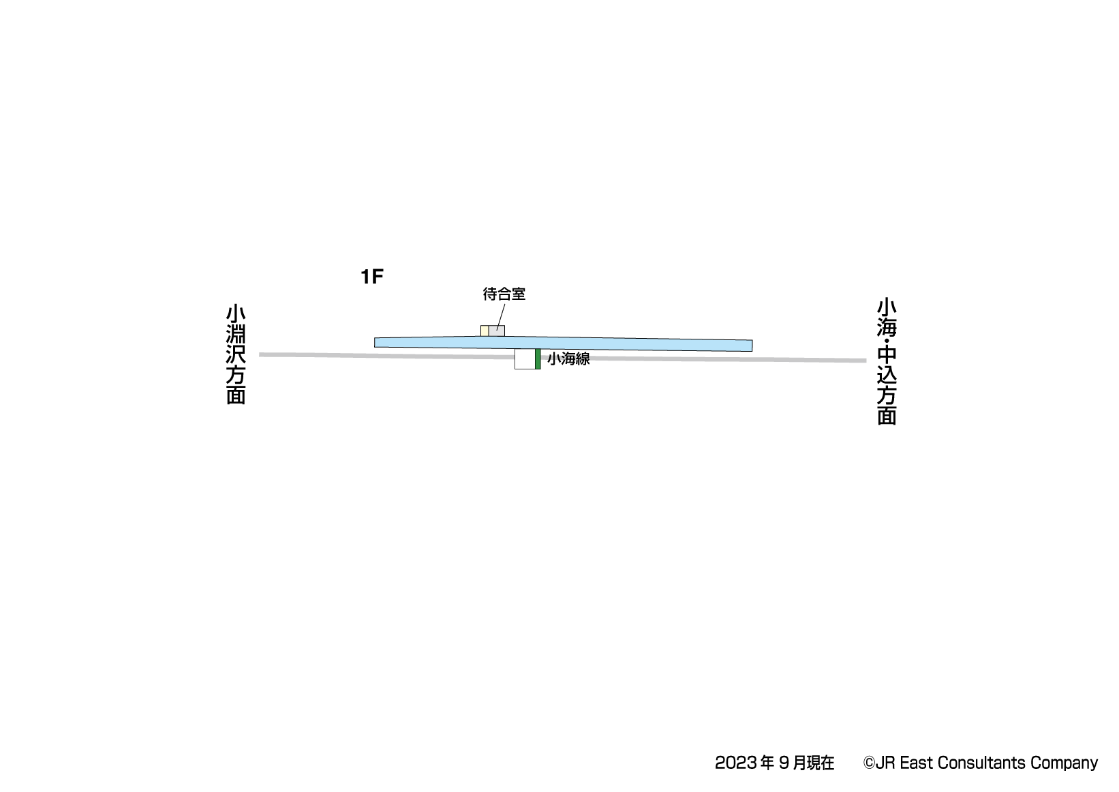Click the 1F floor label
[371, 276]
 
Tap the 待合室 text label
[504, 294]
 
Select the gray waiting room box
[497, 331]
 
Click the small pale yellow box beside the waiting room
[485, 331]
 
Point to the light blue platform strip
[564, 344]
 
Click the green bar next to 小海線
[538, 359]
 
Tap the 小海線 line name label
[568, 359]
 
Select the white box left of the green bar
[525, 359]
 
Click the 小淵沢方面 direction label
[236, 355]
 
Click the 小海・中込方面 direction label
[887, 362]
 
